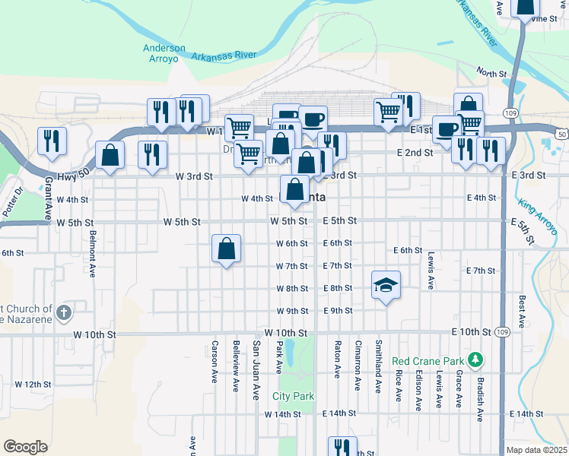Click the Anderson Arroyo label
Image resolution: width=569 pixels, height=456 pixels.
pos(164,53)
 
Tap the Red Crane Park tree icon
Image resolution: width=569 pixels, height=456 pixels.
pos(476,358)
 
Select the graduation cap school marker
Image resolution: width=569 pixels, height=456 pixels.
pos(386,286)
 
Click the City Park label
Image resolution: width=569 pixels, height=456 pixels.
pos(294,397)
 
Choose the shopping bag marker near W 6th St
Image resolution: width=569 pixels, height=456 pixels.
pos(227,249)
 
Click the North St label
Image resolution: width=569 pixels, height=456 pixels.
pos(491,73)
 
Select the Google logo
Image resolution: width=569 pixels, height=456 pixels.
pos(25,447)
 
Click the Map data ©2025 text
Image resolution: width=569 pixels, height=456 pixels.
pos(537,450)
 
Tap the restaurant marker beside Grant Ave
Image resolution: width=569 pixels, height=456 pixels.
pos(52,141)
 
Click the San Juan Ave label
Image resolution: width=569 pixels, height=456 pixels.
pos(256,366)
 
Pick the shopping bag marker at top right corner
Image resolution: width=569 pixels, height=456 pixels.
pos(525,8)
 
